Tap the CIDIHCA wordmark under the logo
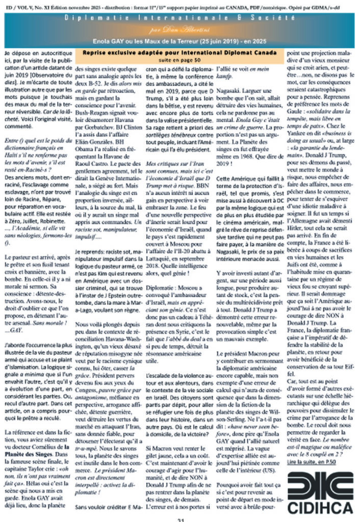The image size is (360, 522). pyautogui.click(x=320, y=507)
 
